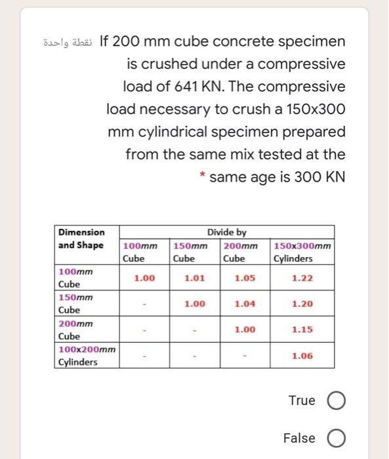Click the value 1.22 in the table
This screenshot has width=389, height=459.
[302, 278]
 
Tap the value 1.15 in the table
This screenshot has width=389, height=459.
[302, 330]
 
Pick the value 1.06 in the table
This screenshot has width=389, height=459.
[302, 356]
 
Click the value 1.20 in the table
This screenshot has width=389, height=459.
[302, 304]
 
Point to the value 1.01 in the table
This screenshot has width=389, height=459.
[195, 278]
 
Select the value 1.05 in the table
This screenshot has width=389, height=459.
[244, 278]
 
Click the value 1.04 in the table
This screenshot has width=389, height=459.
[244, 304]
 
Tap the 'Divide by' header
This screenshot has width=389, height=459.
[226, 232]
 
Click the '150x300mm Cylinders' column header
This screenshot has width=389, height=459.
[302, 252]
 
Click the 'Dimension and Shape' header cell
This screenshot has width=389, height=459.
[81, 239]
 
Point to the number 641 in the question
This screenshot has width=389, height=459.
[175, 87]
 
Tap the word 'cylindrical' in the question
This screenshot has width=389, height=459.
[174, 131]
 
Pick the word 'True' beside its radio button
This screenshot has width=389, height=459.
[302, 401]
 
